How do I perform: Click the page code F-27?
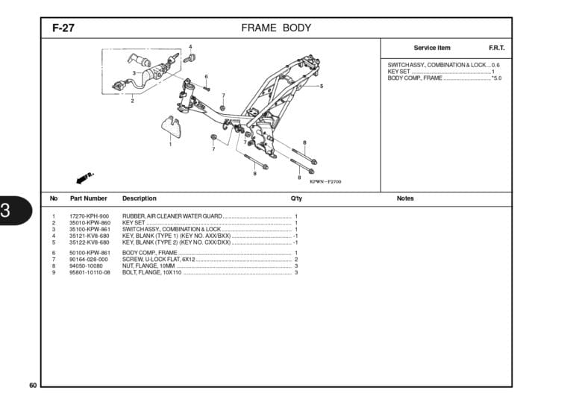pyautogui.click(x=63, y=28)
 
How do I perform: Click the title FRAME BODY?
pyautogui.click(x=276, y=28)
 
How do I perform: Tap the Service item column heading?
pyautogui.click(x=432, y=48)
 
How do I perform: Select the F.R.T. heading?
pyautogui.click(x=496, y=48)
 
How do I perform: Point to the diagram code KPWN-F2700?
pyautogui.click(x=325, y=181)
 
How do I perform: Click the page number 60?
pyautogui.click(x=33, y=385)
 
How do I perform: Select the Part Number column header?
pyautogui.click(x=88, y=198)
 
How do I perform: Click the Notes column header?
pyautogui.click(x=405, y=198)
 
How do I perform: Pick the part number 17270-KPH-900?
pyautogui.click(x=90, y=216)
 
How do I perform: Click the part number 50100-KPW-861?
pyautogui.click(x=90, y=253)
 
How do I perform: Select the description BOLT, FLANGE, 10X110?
pyautogui.click(x=151, y=272)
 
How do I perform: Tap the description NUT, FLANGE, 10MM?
pyautogui.click(x=148, y=266)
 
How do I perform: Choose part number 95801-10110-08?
pyautogui.click(x=90, y=272)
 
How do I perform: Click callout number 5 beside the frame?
pyautogui.click(x=322, y=87)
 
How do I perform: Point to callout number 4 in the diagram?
pyautogui.click(x=190, y=47)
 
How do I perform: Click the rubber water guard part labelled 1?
pyautogui.click(x=172, y=128)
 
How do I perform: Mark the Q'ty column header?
pyautogui.click(x=296, y=198)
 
